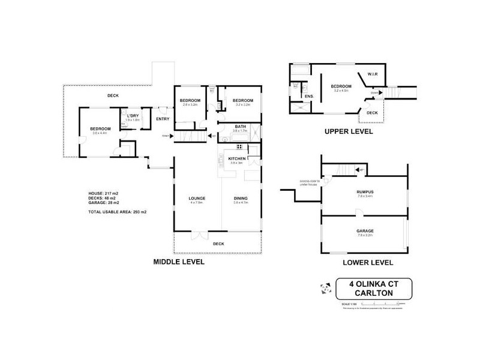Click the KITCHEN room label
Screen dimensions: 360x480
236,158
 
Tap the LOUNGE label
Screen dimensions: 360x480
197,199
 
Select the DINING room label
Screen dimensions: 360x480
241,199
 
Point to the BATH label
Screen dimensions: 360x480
241,127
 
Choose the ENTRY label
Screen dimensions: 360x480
163,118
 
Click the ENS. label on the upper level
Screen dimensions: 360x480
310,96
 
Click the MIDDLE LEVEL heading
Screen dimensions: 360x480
179,262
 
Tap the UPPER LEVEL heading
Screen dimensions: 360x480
349,131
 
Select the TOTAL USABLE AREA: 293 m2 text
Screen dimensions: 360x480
118,212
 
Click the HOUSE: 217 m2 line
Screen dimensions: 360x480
103,193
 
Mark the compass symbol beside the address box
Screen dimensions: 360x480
325,287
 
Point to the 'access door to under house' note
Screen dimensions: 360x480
305,183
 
